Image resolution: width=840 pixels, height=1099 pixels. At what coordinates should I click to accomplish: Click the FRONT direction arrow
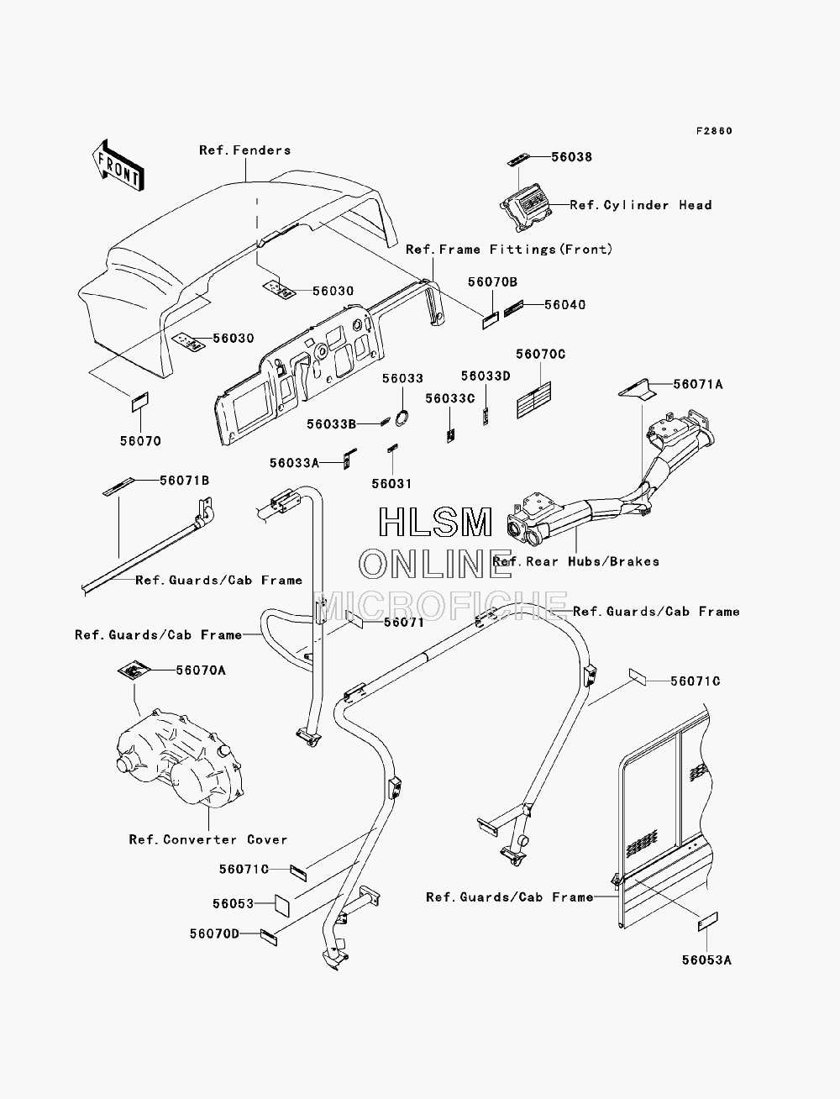[118, 166]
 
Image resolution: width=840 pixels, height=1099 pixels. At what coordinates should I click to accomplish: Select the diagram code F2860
[714, 131]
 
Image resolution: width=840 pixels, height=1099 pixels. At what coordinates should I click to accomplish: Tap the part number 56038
[572, 157]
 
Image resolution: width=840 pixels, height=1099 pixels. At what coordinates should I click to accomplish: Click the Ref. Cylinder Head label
[641, 205]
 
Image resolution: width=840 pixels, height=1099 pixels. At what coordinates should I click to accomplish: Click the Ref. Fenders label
[244, 150]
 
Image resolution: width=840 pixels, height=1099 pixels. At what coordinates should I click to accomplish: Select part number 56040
[564, 305]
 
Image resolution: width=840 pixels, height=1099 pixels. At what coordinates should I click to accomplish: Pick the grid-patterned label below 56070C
[533, 400]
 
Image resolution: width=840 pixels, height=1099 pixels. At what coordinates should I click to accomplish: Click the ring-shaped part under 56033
[402, 418]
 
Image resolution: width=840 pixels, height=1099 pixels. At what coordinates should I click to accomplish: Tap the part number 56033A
[294, 463]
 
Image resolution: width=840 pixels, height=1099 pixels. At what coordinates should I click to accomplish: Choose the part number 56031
[391, 484]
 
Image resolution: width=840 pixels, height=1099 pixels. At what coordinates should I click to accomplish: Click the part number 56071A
[698, 385]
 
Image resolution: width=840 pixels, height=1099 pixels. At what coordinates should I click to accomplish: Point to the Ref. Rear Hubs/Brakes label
[575, 562]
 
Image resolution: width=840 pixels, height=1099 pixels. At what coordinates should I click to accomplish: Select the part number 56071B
[184, 481]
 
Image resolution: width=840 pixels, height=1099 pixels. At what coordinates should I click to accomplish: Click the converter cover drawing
[180, 758]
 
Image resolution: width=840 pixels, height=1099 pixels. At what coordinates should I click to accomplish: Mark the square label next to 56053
[282, 905]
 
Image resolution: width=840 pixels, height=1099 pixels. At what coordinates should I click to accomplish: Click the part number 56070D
[214, 934]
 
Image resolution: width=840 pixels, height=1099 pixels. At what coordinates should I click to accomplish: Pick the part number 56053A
[706, 960]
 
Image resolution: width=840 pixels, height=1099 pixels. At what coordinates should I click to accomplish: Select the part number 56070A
[201, 670]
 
